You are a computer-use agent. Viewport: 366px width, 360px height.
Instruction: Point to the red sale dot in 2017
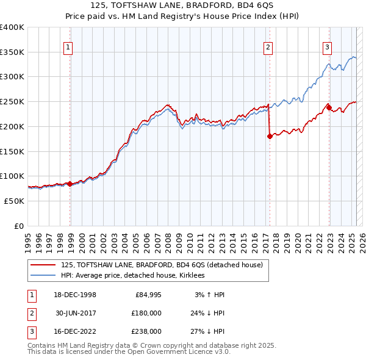pyautogui.click(x=270, y=137)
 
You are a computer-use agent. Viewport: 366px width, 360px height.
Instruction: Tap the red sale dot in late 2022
pyautogui.click(x=329, y=108)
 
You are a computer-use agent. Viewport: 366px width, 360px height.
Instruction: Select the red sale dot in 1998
pyautogui.click(x=70, y=183)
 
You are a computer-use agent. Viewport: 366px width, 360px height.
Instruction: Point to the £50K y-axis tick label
pyautogui.click(x=15, y=201)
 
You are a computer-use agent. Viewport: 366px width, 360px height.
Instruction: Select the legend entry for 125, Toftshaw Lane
pyautogui.click(x=162, y=265)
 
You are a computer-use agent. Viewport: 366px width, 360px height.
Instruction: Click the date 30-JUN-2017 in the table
pyautogui.click(x=76, y=313)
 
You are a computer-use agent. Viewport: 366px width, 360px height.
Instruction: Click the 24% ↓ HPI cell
pyautogui.click(x=206, y=313)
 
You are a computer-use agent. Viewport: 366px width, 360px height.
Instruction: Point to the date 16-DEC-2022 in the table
pyautogui.click(x=76, y=331)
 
